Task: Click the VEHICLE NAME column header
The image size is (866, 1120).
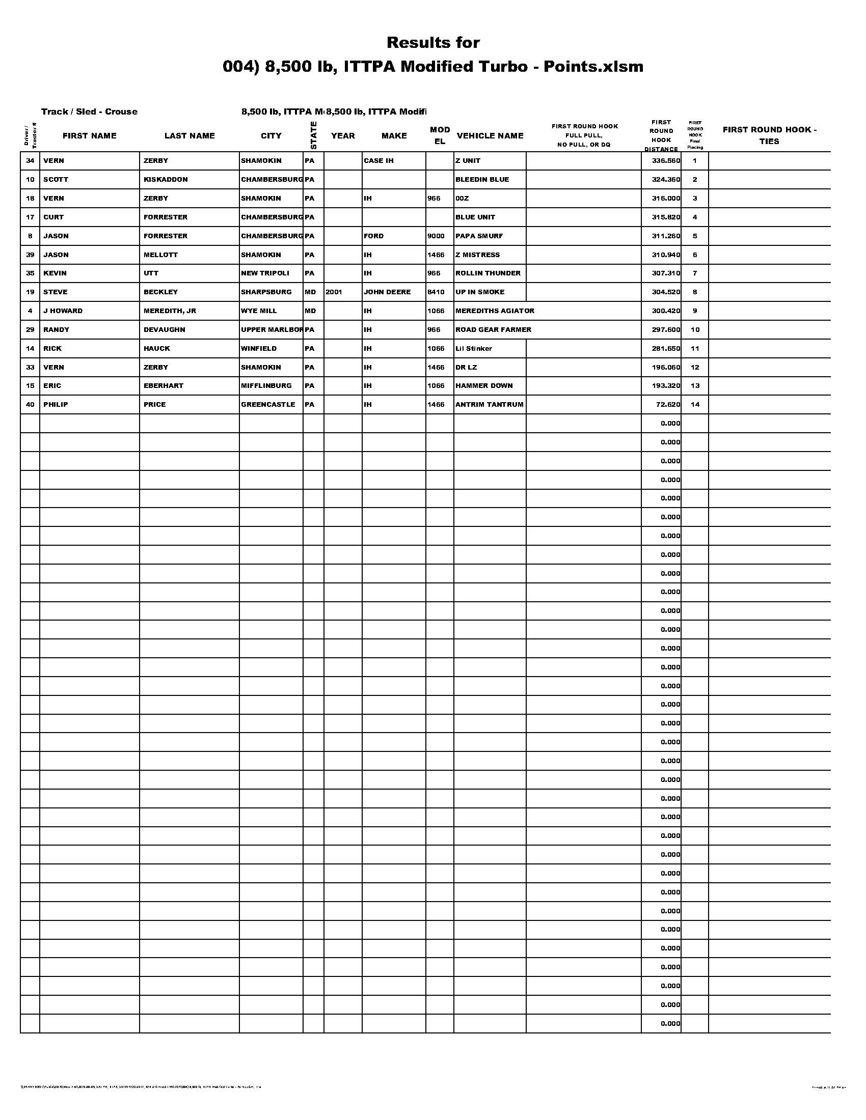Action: pyautogui.click(x=490, y=136)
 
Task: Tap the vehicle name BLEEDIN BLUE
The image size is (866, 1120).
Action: pyautogui.click(x=482, y=180)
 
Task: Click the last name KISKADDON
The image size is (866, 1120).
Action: pyautogui.click(x=166, y=180)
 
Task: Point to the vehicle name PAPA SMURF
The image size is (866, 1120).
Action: pyautogui.click(x=479, y=236)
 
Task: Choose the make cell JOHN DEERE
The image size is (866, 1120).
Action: pyautogui.click(x=387, y=292)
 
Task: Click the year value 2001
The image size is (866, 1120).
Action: pyautogui.click(x=334, y=292)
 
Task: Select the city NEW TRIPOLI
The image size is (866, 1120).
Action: pyautogui.click(x=265, y=273)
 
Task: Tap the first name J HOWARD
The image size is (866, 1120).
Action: pyautogui.click(x=63, y=311)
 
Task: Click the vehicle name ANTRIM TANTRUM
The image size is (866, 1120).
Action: pyautogui.click(x=490, y=405)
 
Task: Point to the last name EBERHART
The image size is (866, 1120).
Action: pyautogui.click(x=163, y=386)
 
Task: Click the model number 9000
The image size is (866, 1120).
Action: pyautogui.click(x=436, y=236)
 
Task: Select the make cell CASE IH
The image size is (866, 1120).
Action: pyautogui.click(x=378, y=161)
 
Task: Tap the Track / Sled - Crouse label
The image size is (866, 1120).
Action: pyautogui.click(x=89, y=112)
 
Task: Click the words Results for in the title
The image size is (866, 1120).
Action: pyautogui.click(x=433, y=43)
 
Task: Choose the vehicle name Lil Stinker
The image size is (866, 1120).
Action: pyautogui.click(x=474, y=349)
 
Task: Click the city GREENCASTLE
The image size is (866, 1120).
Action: pyautogui.click(x=268, y=405)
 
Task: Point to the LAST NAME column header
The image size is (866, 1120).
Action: pyautogui.click(x=190, y=136)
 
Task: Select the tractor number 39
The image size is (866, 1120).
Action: pyautogui.click(x=30, y=255)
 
